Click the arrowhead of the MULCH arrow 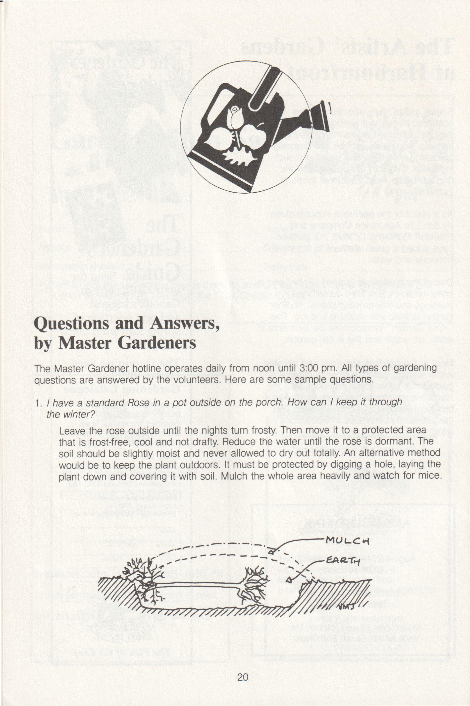(271, 552)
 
